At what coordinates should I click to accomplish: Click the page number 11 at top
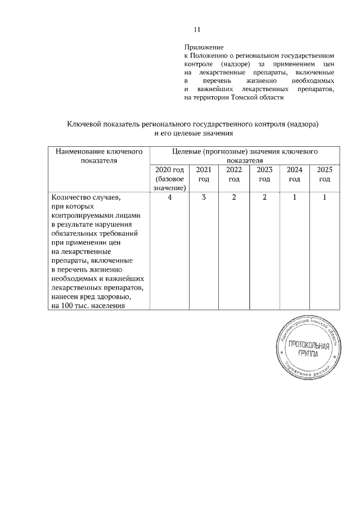click(x=197, y=30)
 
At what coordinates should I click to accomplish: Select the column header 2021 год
click(x=203, y=174)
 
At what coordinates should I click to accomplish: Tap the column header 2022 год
click(x=233, y=174)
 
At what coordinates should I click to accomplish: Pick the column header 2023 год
click(x=264, y=174)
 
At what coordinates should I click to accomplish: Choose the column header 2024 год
click(x=294, y=174)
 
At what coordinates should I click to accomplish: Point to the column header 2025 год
click(x=324, y=174)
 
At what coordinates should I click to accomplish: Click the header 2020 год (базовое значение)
click(x=169, y=179)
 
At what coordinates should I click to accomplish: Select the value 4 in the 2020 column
click(x=169, y=198)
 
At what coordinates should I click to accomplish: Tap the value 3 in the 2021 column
click(x=204, y=198)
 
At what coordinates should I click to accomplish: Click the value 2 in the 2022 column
click(x=233, y=198)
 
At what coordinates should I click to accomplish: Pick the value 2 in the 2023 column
click(x=264, y=198)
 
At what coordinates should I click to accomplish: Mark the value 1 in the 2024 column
click(x=294, y=198)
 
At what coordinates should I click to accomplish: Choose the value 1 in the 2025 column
click(x=325, y=198)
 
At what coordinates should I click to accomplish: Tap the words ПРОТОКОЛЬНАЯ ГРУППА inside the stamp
click(x=307, y=349)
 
